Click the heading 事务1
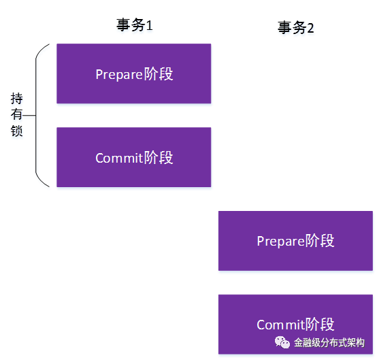click(135, 25)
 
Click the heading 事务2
click(296, 28)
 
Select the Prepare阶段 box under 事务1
click(134, 73)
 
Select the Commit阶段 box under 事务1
click(134, 157)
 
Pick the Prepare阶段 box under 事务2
click(295, 241)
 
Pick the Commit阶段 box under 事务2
click(295, 324)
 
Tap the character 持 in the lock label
click(16, 99)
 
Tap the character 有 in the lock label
click(16, 114)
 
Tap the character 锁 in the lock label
click(16, 131)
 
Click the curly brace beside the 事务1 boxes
click(36, 116)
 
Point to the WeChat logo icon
click(282, 342)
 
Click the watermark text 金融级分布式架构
click(329, 343)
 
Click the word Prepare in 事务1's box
click(119, 75)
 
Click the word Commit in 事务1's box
click(119, 159)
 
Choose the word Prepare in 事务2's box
click(280, 242)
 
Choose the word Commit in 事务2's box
click(281, 325)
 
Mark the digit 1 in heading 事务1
click(149, 25)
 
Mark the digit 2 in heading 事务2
click(310, 28)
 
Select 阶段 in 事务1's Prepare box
click(159, 73)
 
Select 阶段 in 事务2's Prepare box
click(320, 241)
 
